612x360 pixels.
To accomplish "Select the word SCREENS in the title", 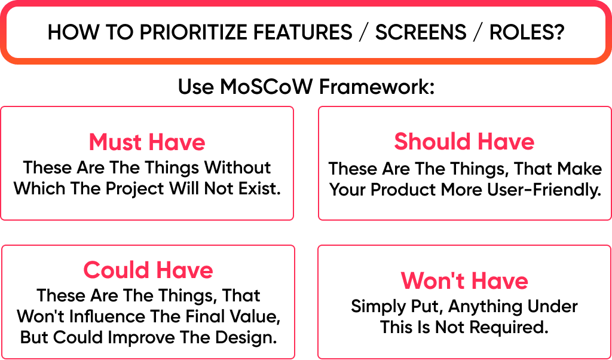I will (421, 32).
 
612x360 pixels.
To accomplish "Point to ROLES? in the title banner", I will (527, 32).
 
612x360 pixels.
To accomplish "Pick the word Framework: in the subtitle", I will (377, 87).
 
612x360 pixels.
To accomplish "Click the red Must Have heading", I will (147, 142).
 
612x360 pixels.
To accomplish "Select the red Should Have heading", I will (464, 142).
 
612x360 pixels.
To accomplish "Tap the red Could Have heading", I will (148, 270).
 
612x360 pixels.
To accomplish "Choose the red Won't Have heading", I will (464, 281).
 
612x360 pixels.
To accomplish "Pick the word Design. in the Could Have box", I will (246, 337).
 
